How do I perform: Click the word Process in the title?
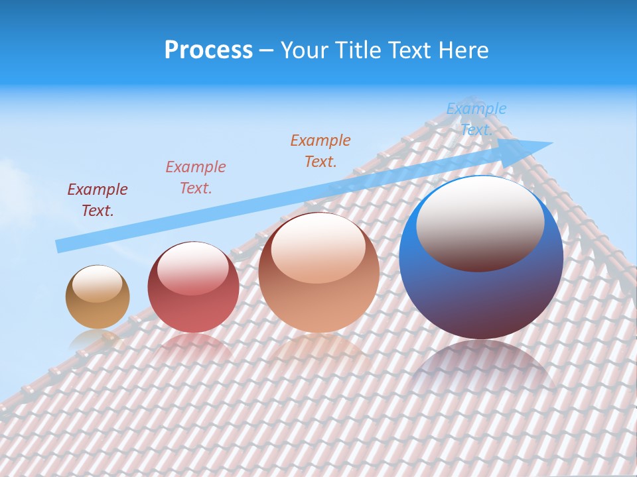click(x=208, y=50)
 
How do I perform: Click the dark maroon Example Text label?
click(x=98, y=200)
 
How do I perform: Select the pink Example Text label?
click(x=196, y=178)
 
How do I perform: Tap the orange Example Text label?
click(x=320, y=150)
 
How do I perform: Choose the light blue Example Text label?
click(x=476, y=119)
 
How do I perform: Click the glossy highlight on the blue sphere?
click(x=480, y=223)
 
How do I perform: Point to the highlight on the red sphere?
click(x=193, y=268)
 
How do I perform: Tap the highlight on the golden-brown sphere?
click(x=97, y=284)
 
